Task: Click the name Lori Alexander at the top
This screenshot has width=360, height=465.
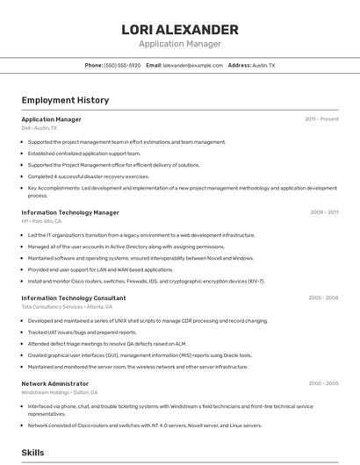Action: click(180, 30)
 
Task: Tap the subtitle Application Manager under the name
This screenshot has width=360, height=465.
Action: click(180, 44)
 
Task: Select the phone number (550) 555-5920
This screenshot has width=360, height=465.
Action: click(122, 66)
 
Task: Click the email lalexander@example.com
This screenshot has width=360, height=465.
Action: click(193, 66)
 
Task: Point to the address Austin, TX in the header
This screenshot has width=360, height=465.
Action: click(263, 66)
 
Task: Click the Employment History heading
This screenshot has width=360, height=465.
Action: click(65, 101)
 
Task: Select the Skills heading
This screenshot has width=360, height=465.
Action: click(33, 453)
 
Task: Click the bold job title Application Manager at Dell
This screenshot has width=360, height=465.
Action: click(51, 119)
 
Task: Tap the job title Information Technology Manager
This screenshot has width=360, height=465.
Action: click(70, 212)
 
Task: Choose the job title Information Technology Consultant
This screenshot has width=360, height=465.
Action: click(74, 298)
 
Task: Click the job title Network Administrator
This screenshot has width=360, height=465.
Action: click(55, 383)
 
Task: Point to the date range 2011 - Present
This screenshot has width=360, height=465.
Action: click(321, 119)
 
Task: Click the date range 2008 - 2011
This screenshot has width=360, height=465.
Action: click(324, 212)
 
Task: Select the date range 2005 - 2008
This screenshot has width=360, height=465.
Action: click(323, 298)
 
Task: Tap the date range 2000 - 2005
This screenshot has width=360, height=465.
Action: click(323, 383)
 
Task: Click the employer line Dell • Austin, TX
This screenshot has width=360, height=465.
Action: click(40, 128)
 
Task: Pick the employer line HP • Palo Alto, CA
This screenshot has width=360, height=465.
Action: click(41, 221)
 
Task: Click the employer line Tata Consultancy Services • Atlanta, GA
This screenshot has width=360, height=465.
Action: click(67, 307)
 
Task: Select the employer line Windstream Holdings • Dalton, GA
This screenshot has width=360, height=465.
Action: click(60, 392)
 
